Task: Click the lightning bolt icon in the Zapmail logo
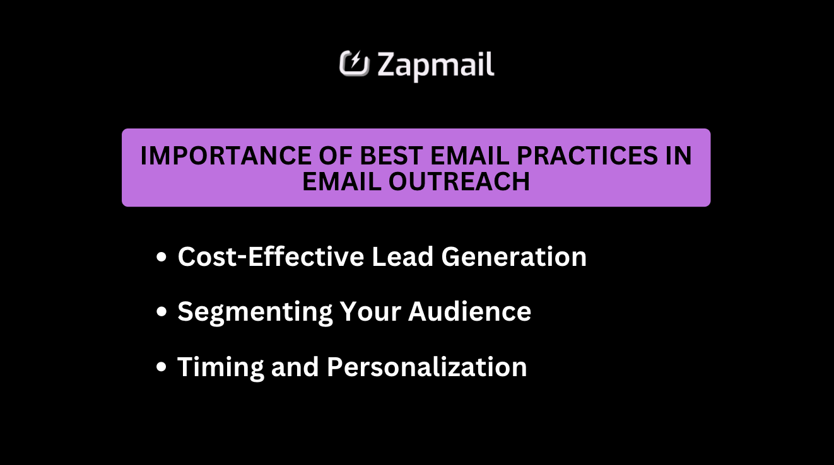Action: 354,64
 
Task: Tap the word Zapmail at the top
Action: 436,66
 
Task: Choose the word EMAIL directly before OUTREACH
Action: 341,181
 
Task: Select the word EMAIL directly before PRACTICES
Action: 453,156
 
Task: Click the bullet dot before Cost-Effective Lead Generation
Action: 162,258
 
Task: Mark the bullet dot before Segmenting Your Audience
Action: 162,313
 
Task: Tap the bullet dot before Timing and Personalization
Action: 162,367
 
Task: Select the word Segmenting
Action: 255,312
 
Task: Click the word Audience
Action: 469,311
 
